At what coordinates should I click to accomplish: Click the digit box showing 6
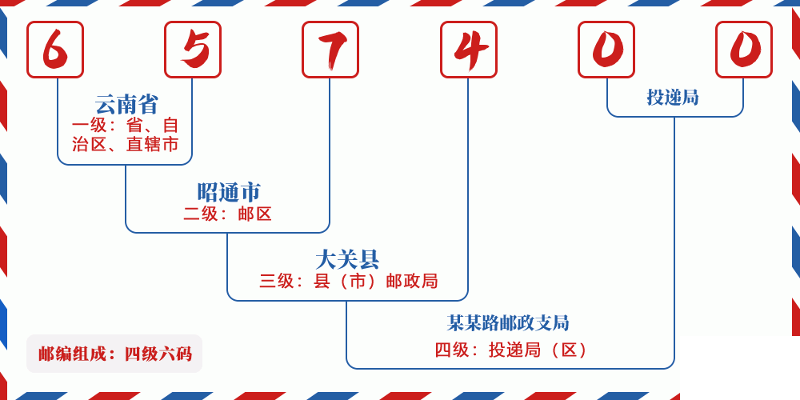55,50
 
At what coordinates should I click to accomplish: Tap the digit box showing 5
193,50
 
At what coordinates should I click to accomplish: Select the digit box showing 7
330,50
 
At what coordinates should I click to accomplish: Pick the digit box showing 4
468,50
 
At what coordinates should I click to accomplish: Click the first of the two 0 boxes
606,50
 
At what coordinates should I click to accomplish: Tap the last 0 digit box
744,50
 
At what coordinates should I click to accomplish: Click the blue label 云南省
126,104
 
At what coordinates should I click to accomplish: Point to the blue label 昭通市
229,192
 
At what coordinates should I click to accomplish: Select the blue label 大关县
347,260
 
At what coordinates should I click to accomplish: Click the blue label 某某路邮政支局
508,322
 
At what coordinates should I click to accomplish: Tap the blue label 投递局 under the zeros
673,97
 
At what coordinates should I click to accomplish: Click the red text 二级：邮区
227,214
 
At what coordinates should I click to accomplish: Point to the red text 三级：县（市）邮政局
349,281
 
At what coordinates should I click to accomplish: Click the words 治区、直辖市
125,144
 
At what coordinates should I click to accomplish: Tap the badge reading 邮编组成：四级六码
114,354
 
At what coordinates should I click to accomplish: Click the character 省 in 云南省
148,104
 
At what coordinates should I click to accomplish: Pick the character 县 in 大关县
369,260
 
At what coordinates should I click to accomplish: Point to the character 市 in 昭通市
250,192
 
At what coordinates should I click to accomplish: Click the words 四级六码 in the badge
158,354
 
